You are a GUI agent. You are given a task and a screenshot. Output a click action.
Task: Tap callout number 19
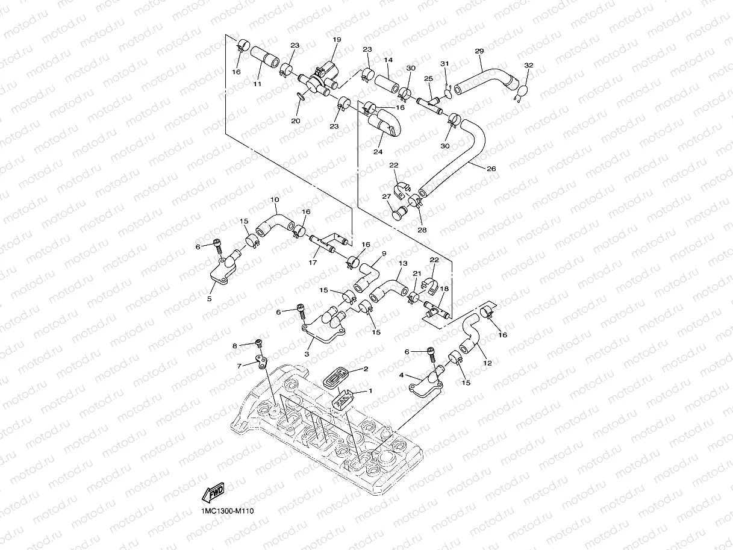coord(336,40)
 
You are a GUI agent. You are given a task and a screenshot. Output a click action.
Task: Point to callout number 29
coord(479,51)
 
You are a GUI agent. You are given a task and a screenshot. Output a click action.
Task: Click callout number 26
coord(491,169)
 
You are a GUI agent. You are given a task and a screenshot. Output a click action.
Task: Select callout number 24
coord(378,152)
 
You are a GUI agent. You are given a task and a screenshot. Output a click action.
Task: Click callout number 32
coord(529,64)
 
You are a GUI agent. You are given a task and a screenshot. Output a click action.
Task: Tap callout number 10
coord(275,199)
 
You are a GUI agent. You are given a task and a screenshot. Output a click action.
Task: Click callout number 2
coord(366,369)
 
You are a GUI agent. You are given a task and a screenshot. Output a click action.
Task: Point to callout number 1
coord(370,390)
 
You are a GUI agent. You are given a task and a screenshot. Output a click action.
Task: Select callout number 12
coord(487,363)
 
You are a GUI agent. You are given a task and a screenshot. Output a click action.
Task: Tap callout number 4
coord(402,375)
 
